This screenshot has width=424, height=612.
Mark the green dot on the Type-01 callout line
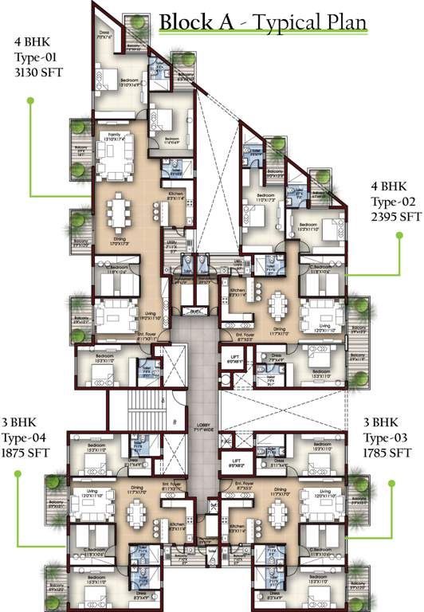point(30,100)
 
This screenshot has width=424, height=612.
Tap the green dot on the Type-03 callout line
point(391,482)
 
